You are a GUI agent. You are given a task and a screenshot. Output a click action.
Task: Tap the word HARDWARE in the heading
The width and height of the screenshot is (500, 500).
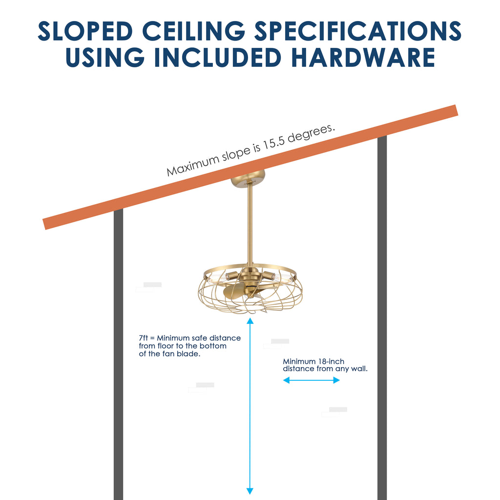coord(363,57)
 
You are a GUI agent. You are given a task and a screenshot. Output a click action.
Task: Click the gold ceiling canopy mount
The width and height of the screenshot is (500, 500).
coord(249,178)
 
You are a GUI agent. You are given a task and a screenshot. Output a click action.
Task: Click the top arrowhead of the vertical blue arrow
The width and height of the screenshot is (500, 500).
coord(250,321)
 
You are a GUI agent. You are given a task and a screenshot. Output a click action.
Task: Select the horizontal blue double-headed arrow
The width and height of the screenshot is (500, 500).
coord(311,380)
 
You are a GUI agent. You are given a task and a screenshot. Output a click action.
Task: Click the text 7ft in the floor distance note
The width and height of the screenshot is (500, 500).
coord(144,338)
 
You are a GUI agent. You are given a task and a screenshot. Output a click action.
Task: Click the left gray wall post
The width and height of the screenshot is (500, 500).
coord(118,356)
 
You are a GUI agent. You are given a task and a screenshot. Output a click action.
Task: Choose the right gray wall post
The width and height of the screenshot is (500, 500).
coord(382,317)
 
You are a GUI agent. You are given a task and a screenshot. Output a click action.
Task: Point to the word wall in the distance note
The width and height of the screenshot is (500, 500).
coord(357,369)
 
